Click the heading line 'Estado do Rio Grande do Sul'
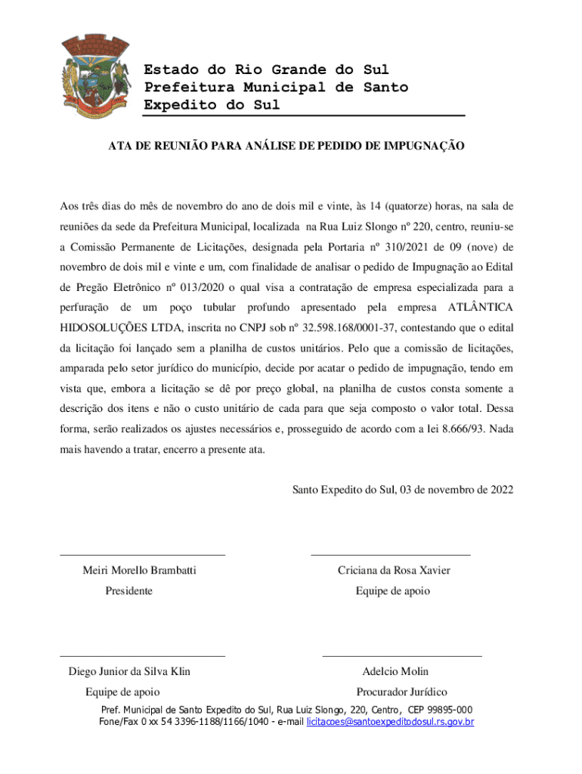click(267, 70)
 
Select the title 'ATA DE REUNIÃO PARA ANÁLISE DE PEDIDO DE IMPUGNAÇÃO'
click(286, 144)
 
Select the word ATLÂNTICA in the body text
click(481, 308)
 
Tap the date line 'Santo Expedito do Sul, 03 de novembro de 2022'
click(403, 489)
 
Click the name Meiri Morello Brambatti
click(139, 570)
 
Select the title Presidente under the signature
click(128, 590)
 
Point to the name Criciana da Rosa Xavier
click(394, 570)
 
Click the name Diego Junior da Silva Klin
click(129, 671)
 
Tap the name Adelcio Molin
click(395, 671)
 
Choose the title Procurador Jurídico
click(401, 692)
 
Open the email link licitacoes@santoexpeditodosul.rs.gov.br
click(390, 723)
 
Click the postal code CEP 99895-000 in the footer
click(440, 710)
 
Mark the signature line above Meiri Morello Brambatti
click(142, 556)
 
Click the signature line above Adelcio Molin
click(402, 656)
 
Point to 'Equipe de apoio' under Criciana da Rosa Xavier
click(393, 590)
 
